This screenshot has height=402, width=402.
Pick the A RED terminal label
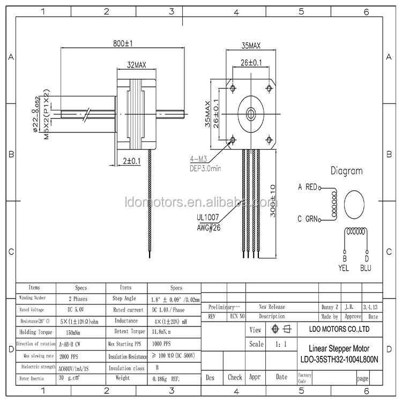[307, 187]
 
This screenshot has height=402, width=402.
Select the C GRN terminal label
[307, 219]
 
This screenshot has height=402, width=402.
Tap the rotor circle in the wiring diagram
[355, 203]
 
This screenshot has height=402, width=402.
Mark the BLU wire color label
[366, 267]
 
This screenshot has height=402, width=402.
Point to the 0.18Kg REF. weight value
[165, 378]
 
